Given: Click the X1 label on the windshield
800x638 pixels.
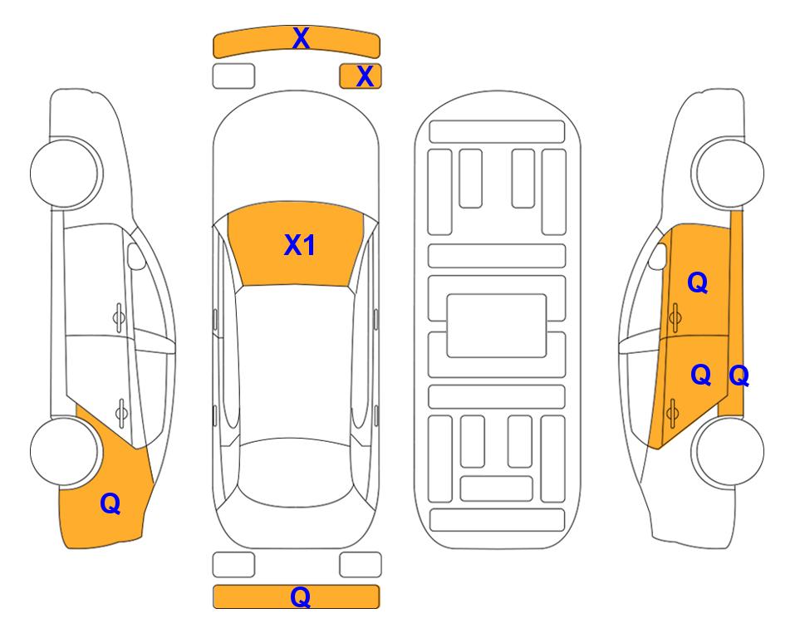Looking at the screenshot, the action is (299, 245).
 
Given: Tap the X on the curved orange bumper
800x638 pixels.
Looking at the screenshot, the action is (301, 38).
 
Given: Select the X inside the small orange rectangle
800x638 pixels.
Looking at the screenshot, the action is (365, 76).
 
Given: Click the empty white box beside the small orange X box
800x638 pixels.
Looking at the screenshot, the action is (233, 76).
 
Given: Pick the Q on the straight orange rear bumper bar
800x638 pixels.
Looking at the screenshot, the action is (300, 596).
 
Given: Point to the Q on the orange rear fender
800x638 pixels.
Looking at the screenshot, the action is (110, 503).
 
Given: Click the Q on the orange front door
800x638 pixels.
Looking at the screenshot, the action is (698, 282).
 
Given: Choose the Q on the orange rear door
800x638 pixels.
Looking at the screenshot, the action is (700, 375).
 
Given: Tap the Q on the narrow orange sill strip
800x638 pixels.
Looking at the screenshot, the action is (739, 376).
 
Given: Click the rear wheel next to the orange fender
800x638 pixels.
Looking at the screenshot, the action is (65, 452).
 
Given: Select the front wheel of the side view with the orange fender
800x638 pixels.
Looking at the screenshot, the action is (65, 173).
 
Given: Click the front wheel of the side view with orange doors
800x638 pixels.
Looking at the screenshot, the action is (728, 173).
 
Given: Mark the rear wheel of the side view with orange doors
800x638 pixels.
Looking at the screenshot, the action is (728, 452).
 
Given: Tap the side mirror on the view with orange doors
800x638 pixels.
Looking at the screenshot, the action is (658, 256).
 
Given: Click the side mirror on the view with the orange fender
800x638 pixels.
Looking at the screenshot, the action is (136, 256).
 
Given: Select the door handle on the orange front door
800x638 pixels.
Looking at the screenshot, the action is (675, 317).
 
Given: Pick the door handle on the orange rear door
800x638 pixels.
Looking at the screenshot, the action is (672, 412).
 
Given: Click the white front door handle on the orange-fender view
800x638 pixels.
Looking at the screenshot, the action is (119, 317).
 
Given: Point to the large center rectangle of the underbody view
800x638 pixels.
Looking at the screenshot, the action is (497, 326).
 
